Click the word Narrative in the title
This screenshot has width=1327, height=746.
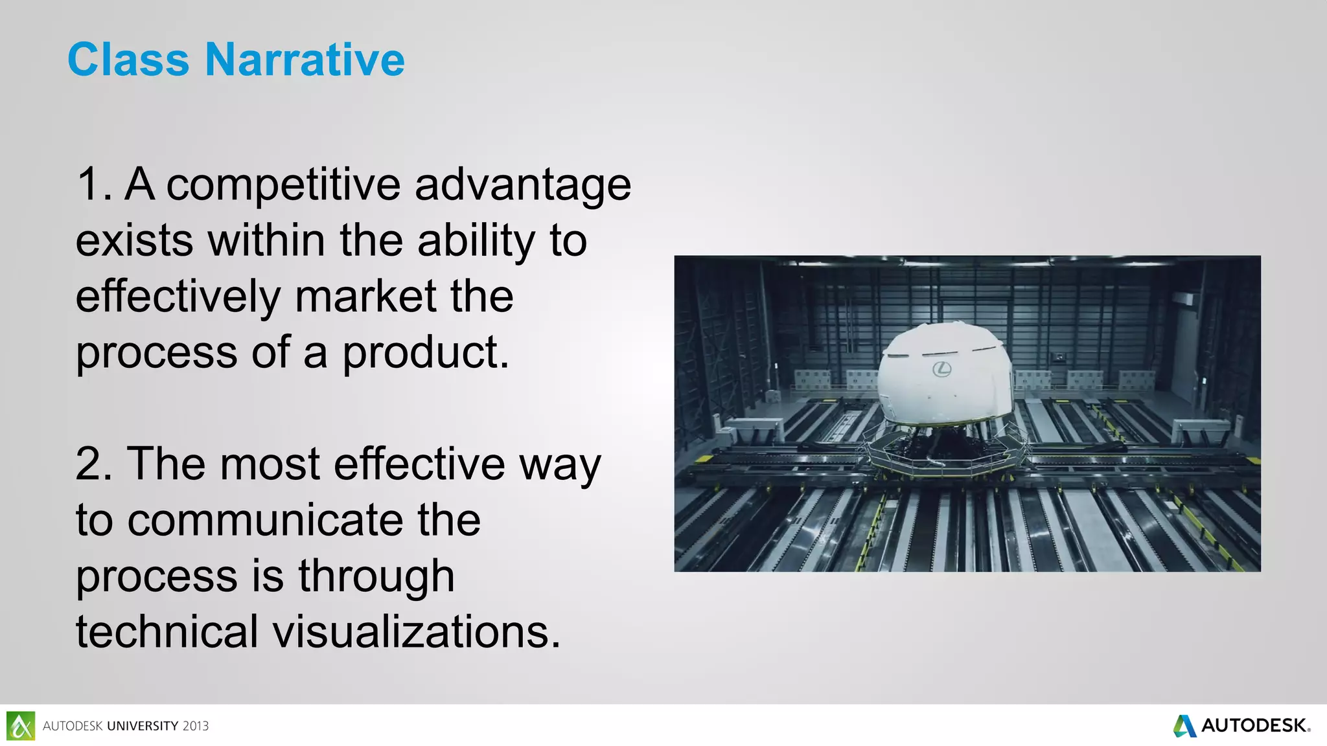pyautogui.click(x=305, y=60)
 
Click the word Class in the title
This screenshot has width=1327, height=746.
pyautogui.click(x=128, y=60)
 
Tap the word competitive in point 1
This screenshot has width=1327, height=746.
pyautogui.click(x=284, y=185)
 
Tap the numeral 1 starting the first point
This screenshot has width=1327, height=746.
pyautogui.click(x=90, y=185)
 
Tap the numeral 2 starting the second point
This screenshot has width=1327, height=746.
pyautogui.click(x=90, y=464)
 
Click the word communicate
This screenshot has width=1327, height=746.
pyautogui.click(x=304, y=520)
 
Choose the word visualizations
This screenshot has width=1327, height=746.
pyautogui.click(x=416, y=632)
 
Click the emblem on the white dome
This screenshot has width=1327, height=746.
pyautogui.click(x=941, y=369)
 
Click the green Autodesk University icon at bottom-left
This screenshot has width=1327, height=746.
pyautogui.click(x=21, y=726)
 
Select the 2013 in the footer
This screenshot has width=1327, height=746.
pyautogui.click(x=195, y=727)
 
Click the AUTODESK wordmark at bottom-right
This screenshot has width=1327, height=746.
pyautogui.click(x=1253, y=726)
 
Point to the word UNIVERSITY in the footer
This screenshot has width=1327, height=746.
pyautogui.click(x=143, y=727)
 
